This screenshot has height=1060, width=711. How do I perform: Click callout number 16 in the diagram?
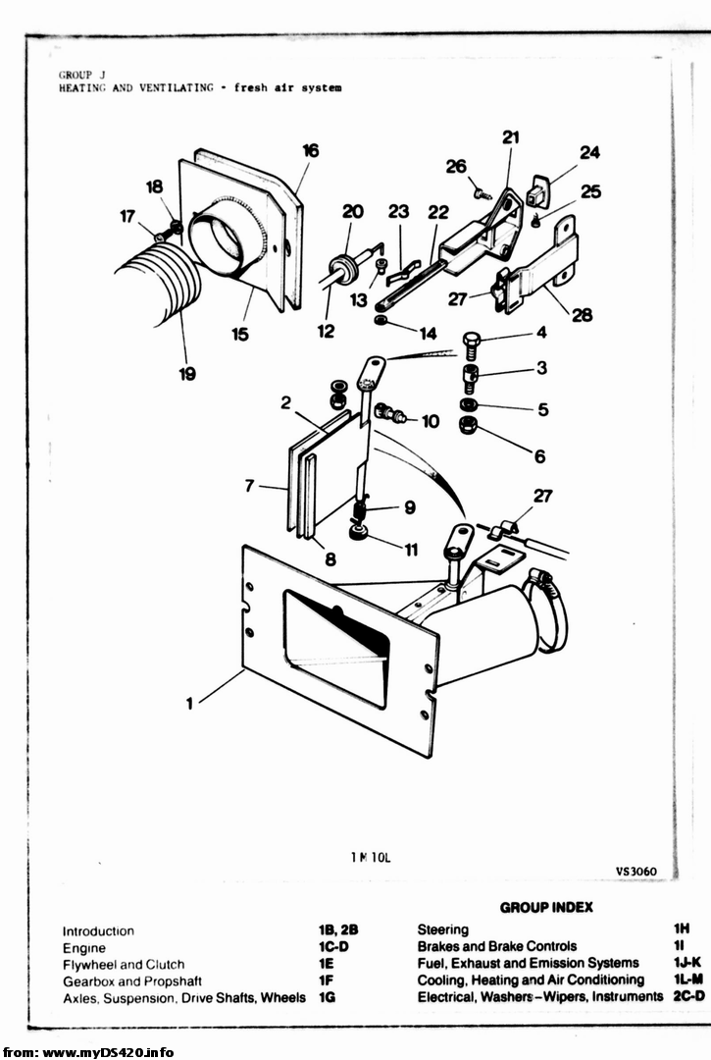point(311,150)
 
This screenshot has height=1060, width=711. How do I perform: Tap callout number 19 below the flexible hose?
point(187,373)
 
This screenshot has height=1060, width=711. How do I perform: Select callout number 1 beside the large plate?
point(189,704)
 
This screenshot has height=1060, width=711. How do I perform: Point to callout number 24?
point(589,153)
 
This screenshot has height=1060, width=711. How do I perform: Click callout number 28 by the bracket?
point(582,315)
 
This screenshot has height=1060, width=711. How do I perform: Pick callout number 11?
point(411,550)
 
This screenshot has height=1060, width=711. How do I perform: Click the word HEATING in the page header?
point(79,88)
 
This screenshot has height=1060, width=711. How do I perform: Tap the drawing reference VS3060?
point(636,872)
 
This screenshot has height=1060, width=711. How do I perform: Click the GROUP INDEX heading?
point(546,907)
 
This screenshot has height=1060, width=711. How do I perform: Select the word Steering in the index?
point(443,929)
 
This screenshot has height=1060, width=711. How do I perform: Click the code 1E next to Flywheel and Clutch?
point(327,964)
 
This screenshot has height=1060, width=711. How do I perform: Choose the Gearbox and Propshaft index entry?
point(123,981)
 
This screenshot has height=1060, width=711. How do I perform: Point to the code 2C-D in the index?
point(688,996)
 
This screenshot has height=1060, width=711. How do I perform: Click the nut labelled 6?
point(469,427)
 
